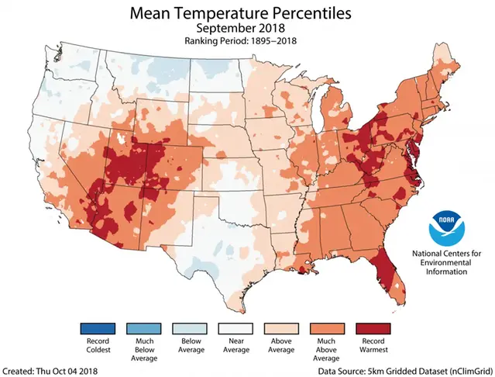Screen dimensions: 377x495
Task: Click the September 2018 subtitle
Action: click(248, 29)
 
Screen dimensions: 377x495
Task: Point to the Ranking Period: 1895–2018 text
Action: click(248, 41)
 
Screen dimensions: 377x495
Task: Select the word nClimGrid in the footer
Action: click(468, 370)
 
